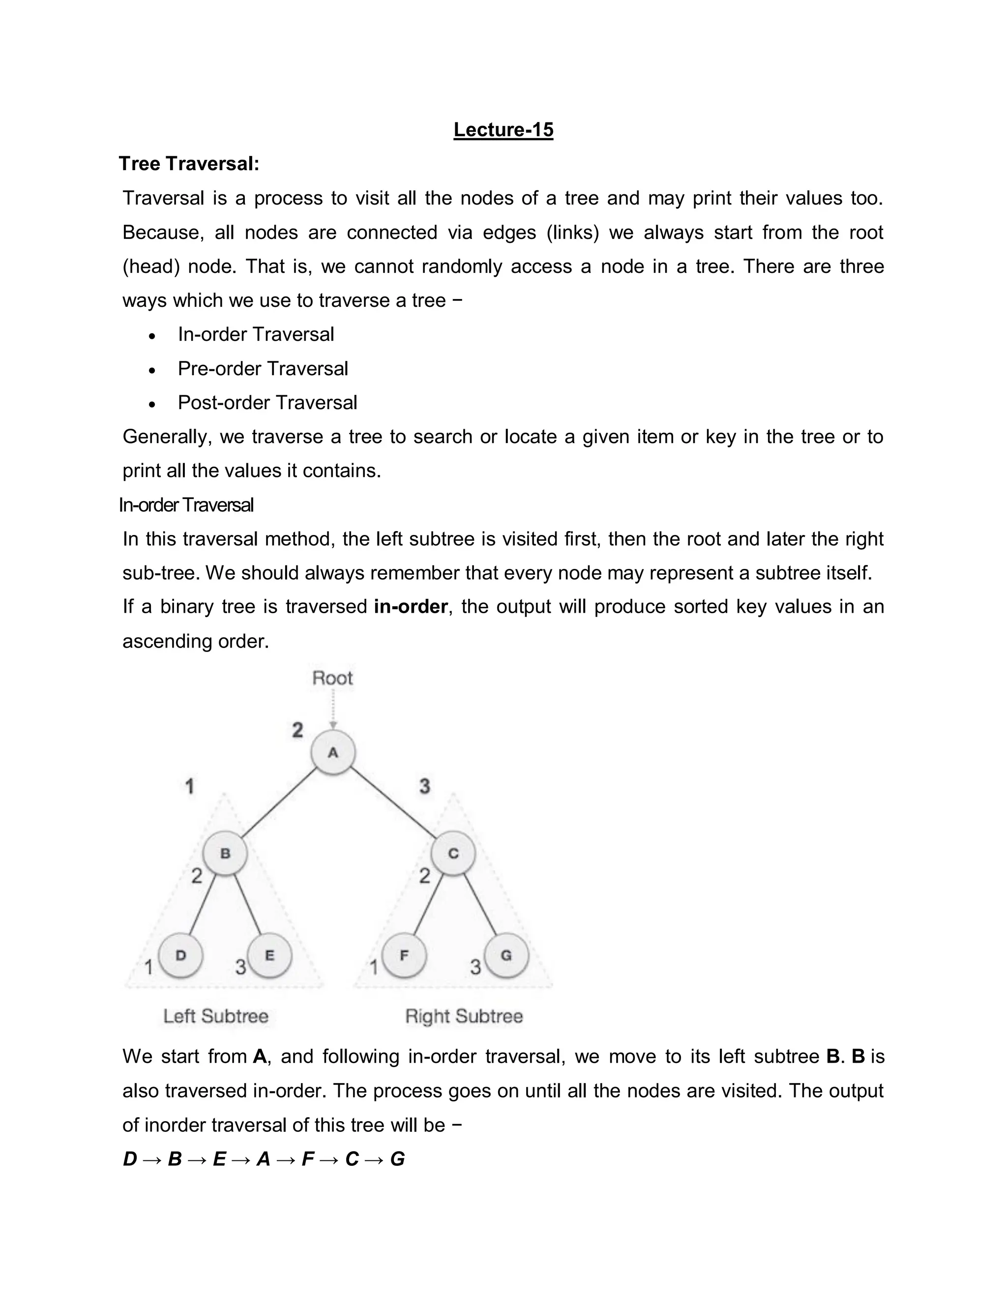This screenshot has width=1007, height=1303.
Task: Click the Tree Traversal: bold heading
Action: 189,163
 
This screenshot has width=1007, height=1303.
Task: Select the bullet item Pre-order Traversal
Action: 263,369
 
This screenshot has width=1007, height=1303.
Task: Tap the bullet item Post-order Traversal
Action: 267,403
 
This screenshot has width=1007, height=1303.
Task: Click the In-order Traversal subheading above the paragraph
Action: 186,505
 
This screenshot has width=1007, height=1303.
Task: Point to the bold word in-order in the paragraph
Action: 411,607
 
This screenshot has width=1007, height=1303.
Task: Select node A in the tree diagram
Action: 333,752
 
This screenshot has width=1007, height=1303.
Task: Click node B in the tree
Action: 225,853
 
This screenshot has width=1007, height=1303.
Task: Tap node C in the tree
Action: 453,853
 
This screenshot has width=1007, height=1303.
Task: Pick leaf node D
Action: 181,955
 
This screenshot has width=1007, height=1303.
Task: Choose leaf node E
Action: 269,955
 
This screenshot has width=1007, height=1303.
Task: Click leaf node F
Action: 404,955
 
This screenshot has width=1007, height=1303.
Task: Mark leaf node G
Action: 506,955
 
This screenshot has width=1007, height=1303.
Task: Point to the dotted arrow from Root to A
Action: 333,710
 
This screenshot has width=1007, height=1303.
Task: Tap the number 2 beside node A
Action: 297,730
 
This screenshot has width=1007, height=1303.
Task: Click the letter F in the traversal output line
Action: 308,1159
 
